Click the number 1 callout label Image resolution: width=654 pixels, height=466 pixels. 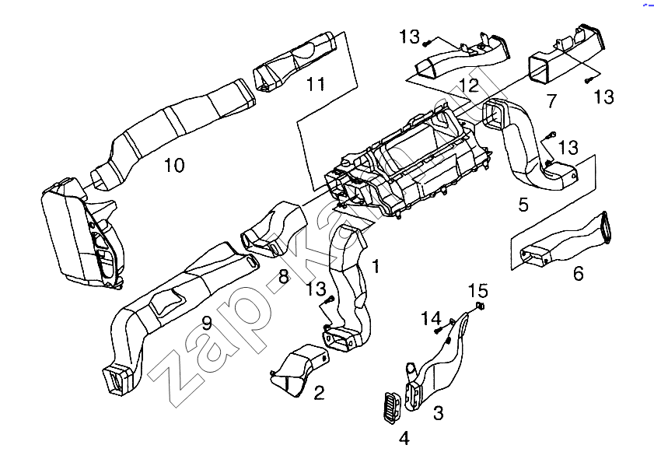pos(376,267)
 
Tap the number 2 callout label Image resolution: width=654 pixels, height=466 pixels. pos(319,392)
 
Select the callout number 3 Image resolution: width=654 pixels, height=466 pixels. pos(438,412)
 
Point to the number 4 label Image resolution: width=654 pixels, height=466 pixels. pos(404,439)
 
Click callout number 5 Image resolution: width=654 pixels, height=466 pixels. pos(523,205)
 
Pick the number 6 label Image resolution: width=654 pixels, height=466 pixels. pos(578,274)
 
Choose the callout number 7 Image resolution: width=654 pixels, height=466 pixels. pos(551,101)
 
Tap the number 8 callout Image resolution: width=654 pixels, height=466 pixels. pos(284,276)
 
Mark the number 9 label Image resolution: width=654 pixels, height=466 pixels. pos(207,324)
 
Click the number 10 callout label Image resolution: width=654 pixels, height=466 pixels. pos(173,166)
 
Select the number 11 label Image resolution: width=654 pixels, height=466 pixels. pos(315,84)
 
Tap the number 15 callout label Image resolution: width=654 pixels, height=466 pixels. pos(477,291)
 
